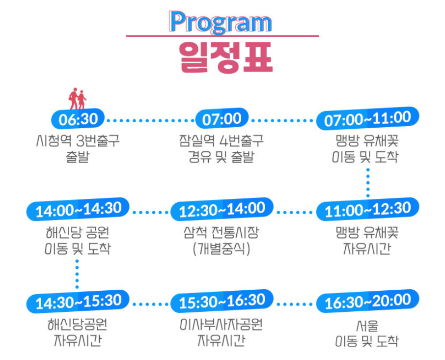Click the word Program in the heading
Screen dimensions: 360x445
click(x=220, y=22)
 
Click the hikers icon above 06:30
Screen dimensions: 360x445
click(x=77, y=99)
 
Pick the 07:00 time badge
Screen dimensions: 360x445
click(x=222, y=119)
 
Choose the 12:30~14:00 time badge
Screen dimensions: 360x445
click(x=222, y=210)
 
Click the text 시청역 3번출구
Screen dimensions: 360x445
click(x=78, y=141)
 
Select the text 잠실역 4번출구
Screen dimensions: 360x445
click(x=222, y=141)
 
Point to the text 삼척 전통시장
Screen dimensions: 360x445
click(x=222, y=232)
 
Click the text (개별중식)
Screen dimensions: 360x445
click(x=222, y=248)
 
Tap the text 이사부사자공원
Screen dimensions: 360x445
click(x=222, y=325)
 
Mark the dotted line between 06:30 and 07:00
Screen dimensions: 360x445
click(x=150, y=120)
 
